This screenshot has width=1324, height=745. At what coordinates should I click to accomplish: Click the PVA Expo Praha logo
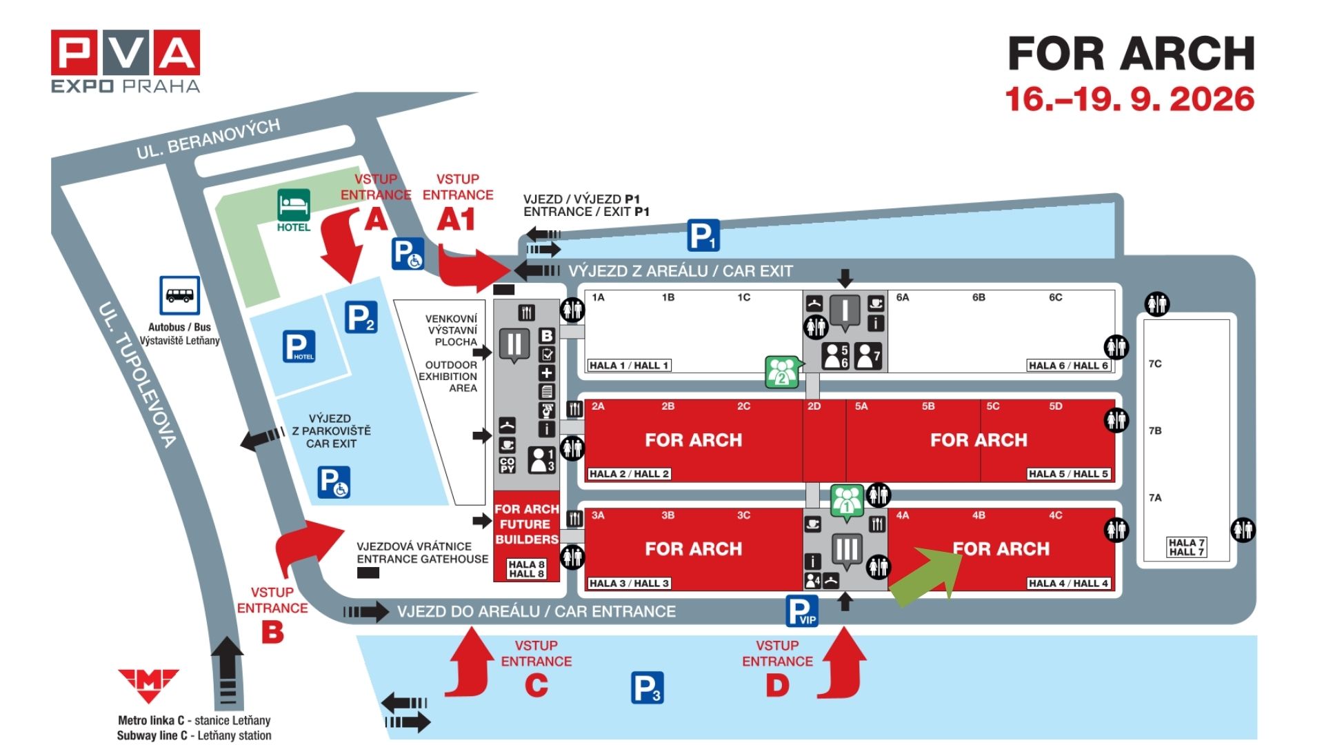click(126, 61)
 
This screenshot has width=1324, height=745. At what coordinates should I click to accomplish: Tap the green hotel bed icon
click(294, 205)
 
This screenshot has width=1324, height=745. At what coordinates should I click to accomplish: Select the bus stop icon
click(180, 295)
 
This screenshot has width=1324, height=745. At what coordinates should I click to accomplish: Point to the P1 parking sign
click(703, 236)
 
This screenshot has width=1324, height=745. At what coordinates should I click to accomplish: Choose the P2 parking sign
click(361, 317)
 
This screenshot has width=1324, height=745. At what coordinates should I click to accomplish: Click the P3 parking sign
click(648, 688)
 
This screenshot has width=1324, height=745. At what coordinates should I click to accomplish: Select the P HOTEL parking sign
click(299, 346)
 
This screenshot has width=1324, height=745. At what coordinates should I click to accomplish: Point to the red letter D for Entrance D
click(777, 686)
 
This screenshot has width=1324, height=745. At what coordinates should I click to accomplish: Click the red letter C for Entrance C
click(536, 686)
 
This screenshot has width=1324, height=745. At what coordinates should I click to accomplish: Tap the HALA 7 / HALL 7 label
click(1186, 547)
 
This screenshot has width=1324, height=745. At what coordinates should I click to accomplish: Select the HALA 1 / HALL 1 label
click(629, 366)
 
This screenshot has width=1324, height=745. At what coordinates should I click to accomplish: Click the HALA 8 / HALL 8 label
click(527, 569)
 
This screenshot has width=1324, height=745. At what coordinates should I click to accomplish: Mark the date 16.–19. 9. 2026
click(1130, 99)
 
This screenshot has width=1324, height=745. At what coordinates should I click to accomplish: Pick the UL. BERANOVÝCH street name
click(208, 138)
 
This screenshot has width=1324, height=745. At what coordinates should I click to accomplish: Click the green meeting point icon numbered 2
click(783, 372)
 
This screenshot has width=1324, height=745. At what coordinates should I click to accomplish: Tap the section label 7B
click(1155, 430)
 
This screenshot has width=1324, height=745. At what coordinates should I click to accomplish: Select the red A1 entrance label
click(457, 220)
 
